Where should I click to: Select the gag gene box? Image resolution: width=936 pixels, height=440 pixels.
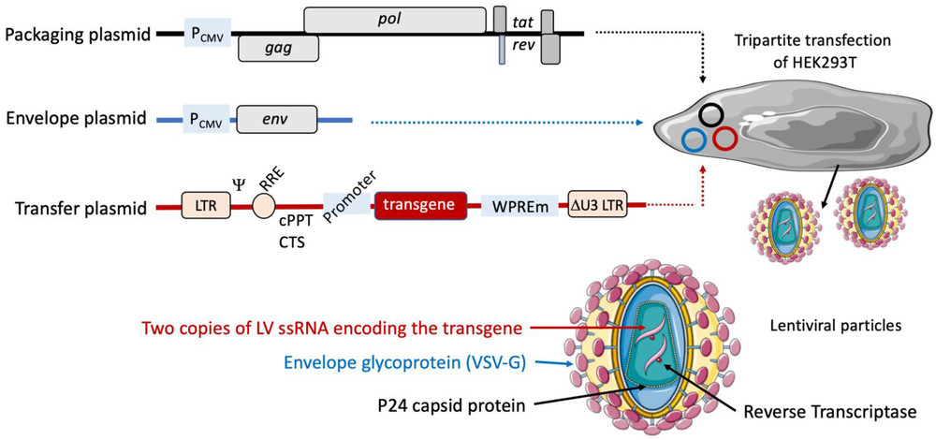(x=278, y=47)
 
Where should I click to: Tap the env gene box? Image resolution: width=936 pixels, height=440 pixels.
(x=277, y=119)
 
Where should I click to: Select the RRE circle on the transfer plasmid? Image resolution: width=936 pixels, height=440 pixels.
(x=270, y=205)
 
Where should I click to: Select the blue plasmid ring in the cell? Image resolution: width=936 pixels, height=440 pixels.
(x=694, y=139)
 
